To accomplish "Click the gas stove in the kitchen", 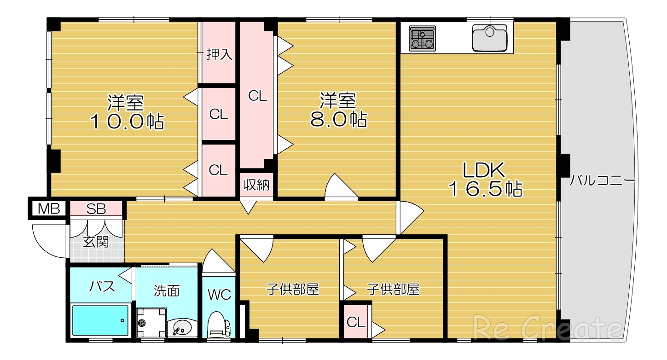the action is tap(422, 38).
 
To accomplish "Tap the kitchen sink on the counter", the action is tap(489, 38).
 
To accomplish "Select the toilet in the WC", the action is tap(219, 325).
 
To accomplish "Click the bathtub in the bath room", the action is tap(101, 320).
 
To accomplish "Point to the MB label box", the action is tap(48, 209).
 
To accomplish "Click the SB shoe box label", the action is tap(96, 209).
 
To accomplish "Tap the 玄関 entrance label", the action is tap(96, 242).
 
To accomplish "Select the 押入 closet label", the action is tap(220, 54).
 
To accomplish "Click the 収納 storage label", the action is tap(256, 185).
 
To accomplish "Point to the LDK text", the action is tap(484, 170).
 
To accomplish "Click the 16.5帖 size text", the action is tap(486, 189).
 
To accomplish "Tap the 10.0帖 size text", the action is tap(127, 121).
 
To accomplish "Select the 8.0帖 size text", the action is tap(338, 119).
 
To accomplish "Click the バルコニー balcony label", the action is tap(602, 180).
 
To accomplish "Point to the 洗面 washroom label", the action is tap(167, 290).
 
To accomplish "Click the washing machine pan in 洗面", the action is tap(151, 322).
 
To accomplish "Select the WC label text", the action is tap(220, 295).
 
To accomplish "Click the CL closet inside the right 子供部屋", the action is tap(356, 322).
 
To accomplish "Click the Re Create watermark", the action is tap(547, 329).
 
